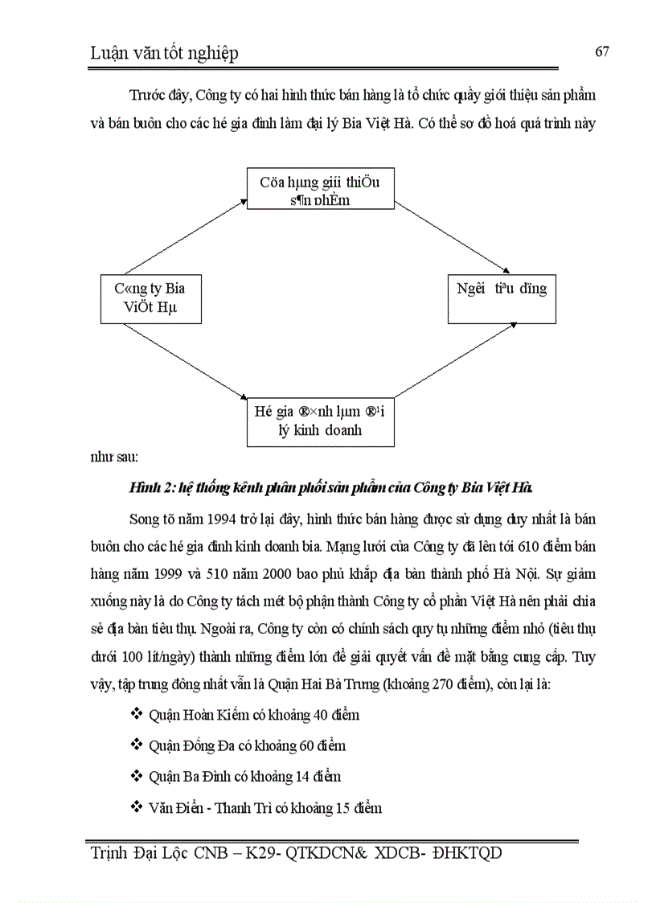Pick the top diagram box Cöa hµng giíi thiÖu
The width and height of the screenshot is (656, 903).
pyautogui.click(x=320, y=190)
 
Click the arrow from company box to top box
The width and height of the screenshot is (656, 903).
pyautogui.click(x=185, y=238)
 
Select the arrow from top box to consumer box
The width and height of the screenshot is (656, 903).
pyautogui.click(x=454, y=239)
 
